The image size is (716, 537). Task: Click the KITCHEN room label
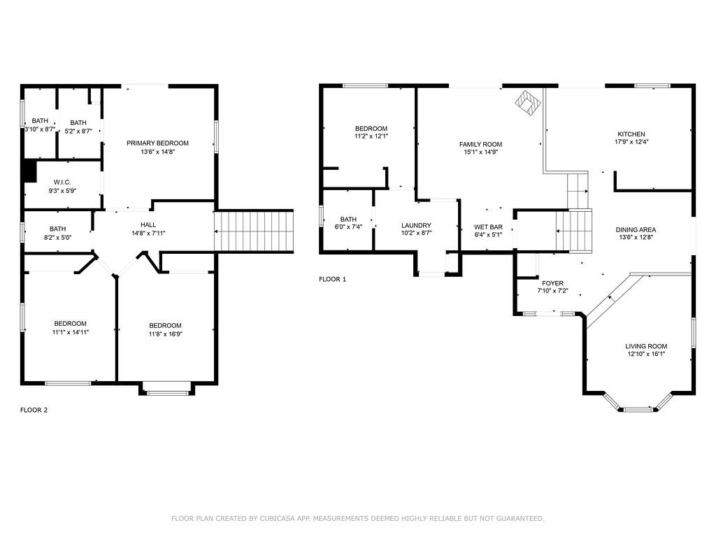[631, 134]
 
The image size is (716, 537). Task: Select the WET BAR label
[488, 227]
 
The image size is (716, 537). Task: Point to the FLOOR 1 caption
[332, 279]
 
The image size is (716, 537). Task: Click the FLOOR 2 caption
[34, 410]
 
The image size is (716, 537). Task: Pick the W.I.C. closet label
[62, 182]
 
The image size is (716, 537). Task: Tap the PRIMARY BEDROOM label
[157, 143]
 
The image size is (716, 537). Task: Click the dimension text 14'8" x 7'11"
[148, 233]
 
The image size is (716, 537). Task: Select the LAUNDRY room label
[416, 225]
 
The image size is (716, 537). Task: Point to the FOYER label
[552, 283]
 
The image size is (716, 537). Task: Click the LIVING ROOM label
[646, 346]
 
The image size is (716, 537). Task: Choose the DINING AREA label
[636, 229]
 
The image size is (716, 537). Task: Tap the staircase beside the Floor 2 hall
[254, 231]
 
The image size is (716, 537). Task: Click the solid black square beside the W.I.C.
[29, 171]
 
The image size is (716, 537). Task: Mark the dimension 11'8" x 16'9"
[165, 334]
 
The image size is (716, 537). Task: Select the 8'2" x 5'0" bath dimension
[57, 238]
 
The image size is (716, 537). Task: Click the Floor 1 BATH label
[348, 219]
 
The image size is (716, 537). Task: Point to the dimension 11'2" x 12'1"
[371, 136]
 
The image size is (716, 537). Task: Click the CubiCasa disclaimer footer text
[357, 518]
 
